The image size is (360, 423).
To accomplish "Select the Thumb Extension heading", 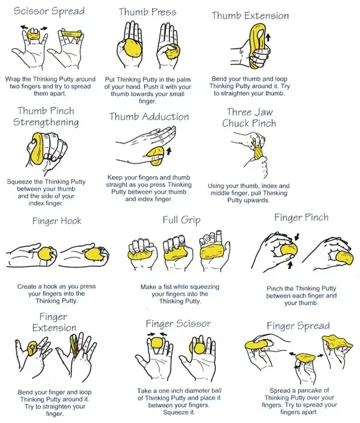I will point(250,15).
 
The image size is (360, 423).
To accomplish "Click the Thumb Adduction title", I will point(149,116).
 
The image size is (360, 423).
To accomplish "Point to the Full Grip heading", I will point(181,220).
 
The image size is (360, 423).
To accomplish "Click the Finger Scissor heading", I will point(178,324).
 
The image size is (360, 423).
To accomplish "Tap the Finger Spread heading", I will point(298,326).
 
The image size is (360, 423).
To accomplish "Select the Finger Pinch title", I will point(301,218).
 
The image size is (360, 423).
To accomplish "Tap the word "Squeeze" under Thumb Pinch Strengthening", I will point(22,181).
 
